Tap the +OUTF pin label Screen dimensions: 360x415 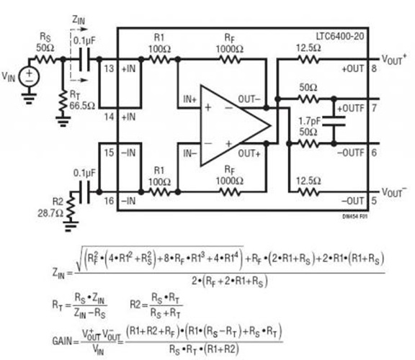pos(352,108)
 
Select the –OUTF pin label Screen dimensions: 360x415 pos(352,153)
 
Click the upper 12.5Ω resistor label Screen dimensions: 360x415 pos(308,48)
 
